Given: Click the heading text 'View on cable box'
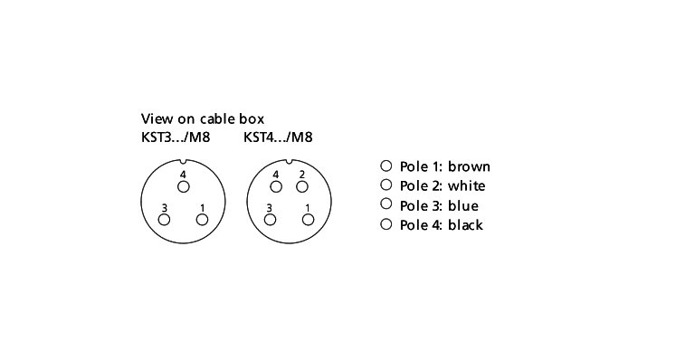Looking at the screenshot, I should click(203, 118).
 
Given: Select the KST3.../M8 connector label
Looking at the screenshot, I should click(176, 137).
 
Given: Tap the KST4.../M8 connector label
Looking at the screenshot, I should click(278, 137).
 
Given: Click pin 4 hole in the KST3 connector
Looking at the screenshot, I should click(184, 187).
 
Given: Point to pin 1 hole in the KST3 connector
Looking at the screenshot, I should click(203, 220).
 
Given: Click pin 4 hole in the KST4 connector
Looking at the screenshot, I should click(276, 187).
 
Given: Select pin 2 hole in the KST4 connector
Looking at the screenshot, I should click(302, 187).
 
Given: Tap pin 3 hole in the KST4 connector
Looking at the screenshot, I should click(270, 220).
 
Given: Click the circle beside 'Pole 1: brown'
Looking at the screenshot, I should click(386, 166).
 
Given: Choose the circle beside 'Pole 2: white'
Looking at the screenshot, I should click(386, 185).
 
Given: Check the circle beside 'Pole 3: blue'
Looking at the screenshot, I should click(386, 204).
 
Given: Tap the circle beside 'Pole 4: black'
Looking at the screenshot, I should click(386, 224).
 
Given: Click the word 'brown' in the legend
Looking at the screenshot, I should click(469, 166).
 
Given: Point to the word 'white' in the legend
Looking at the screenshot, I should click(467, 186).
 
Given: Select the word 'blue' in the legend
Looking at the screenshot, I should click(463, 205).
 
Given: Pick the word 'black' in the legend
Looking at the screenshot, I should click(465, 225).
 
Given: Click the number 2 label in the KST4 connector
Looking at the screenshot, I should click(302, 174).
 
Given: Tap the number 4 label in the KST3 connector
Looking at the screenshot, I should click(184, 174).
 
